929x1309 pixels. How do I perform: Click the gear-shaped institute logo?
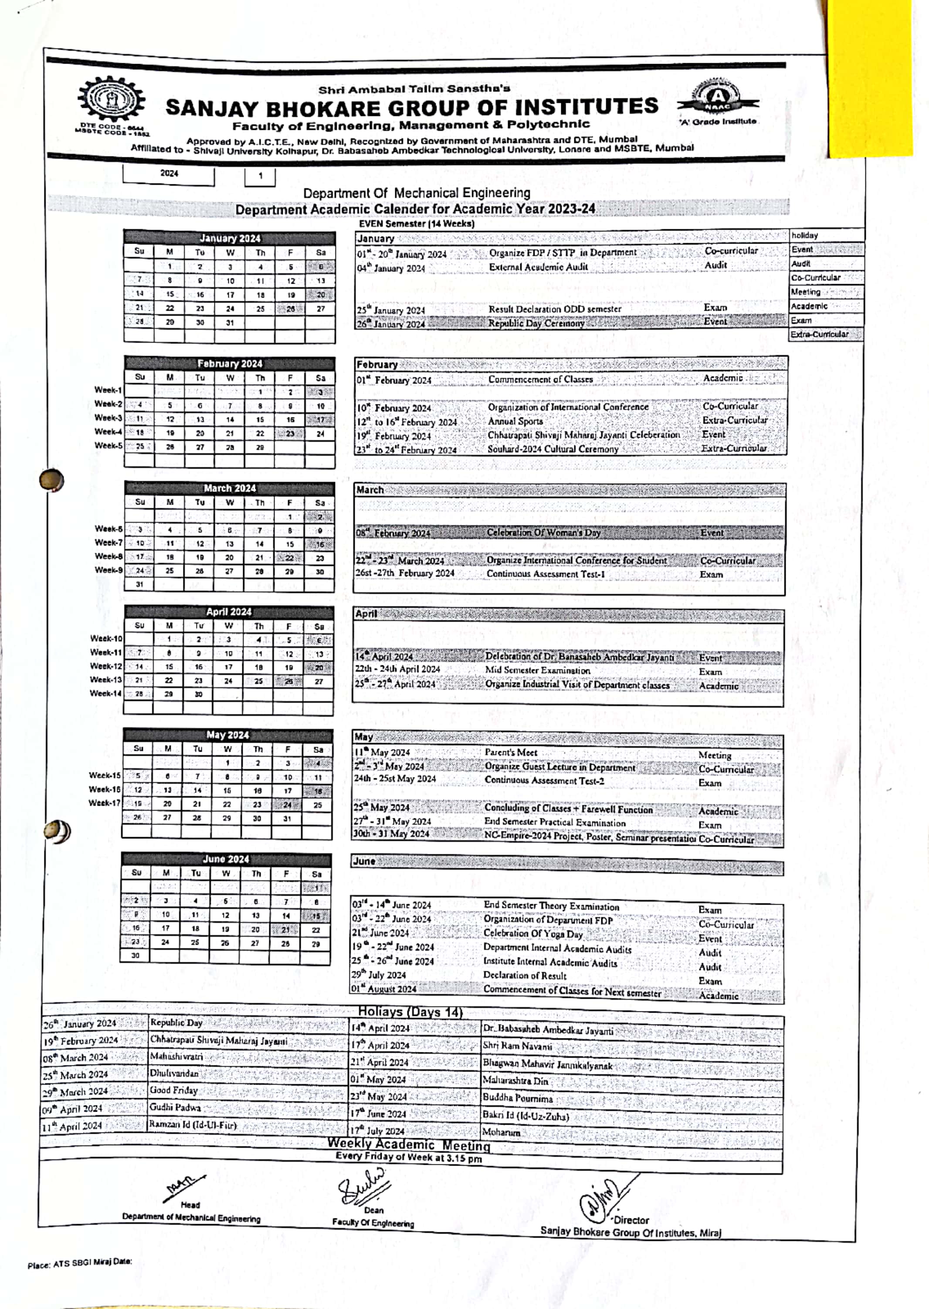pos(112,101)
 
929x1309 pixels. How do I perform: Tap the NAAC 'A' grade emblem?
pos(717,99)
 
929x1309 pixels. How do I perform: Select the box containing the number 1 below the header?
pos(260,176)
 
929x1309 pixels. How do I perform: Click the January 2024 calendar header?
pos(229,238)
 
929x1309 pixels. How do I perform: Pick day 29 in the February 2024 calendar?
pos(260,448)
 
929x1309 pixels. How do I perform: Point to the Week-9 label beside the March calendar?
pos(108,570)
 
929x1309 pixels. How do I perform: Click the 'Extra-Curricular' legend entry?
pos(819,334)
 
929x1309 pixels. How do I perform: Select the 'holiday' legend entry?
pos(805,235)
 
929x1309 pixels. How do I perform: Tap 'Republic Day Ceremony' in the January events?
pos(536,323)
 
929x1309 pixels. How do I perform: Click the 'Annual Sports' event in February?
pos(515,421)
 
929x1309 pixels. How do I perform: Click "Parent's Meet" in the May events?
pos(510,753)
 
